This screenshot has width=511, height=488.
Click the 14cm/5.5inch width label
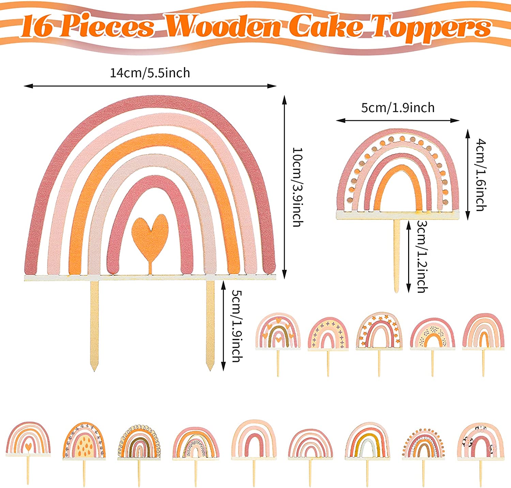point(150,73)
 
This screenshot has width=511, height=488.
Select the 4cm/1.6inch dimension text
point(481,175)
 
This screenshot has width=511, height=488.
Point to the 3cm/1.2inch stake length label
point(422,256)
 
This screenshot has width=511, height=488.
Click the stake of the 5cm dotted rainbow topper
point(397,255)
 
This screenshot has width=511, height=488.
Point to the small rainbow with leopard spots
point(480,441)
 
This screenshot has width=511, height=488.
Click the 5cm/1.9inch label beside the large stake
point(237,326)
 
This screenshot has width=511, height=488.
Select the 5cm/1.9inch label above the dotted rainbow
point(398,108)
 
